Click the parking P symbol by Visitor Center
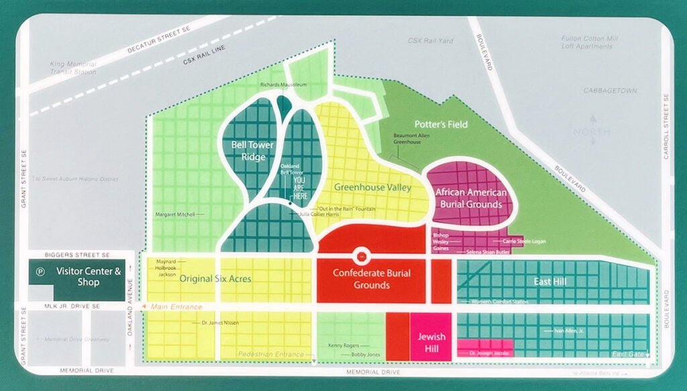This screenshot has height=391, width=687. [42, 272]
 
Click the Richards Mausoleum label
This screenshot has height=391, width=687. [283, 85]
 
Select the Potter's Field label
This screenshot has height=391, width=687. [441, 124]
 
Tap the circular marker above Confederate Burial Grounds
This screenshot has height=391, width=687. [361, 256]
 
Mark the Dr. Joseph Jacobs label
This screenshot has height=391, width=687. [489, 353]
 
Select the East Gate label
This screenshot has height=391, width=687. [627, 354]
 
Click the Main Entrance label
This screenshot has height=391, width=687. [176, 307]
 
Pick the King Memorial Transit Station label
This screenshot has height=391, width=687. [73, 67]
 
